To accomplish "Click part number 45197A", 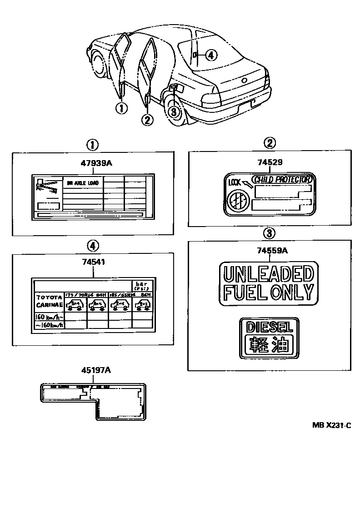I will pos(93,370).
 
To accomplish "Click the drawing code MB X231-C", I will pos(332,425).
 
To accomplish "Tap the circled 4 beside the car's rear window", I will pos(211,55).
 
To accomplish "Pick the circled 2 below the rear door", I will pos(147,120).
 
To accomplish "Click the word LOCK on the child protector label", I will pos(234,182).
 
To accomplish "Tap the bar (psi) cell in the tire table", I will pos(142,285).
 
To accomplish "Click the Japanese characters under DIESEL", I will pos(268,344).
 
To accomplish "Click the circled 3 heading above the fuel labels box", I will pos(269,233).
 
